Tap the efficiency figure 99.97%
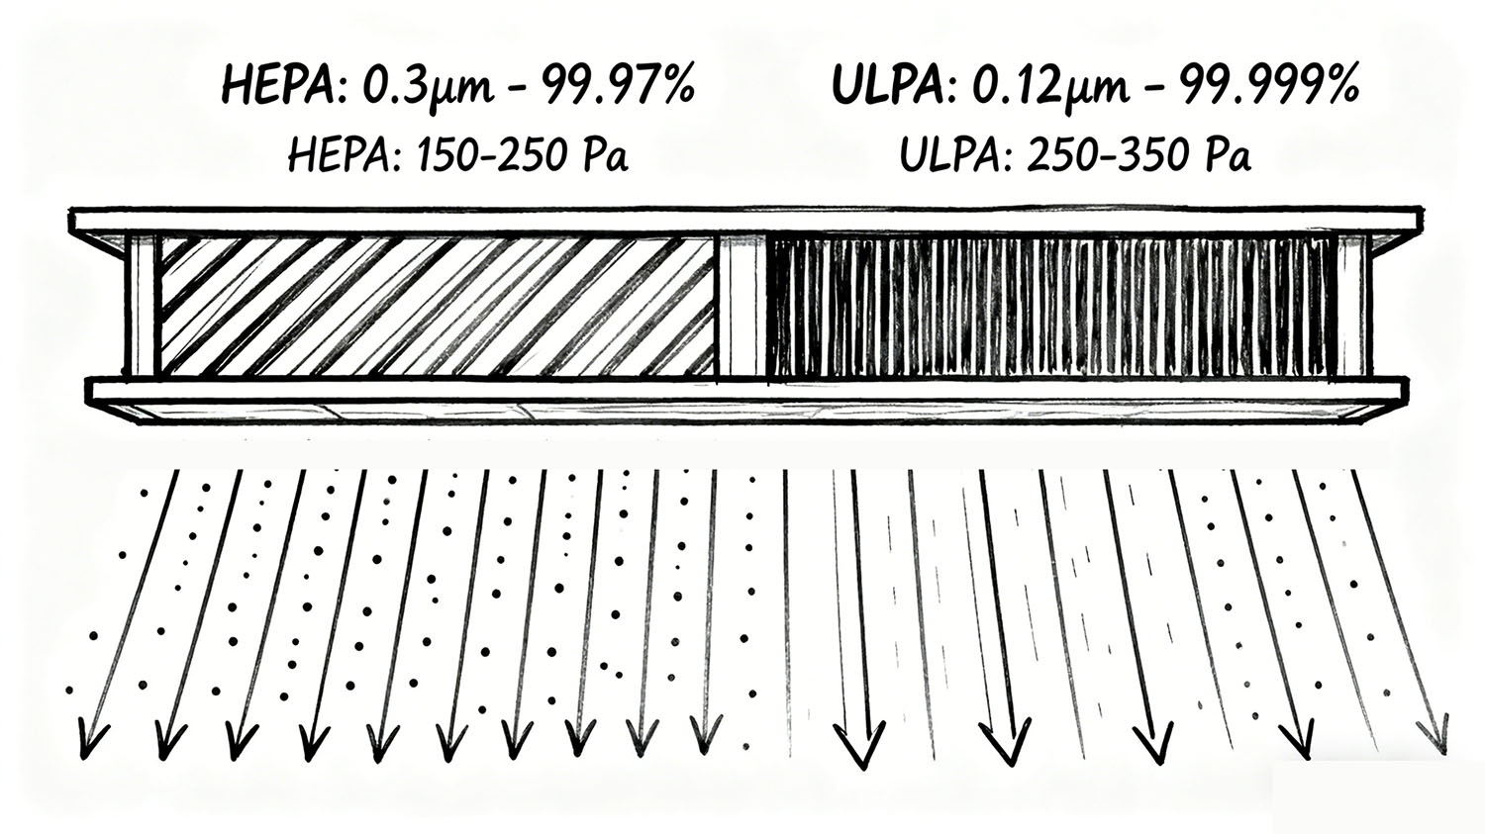[624, 86]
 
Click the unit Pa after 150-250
[606, 155]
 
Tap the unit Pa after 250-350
[1228, 155]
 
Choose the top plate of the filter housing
[742, 221]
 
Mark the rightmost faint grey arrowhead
[1432, 732]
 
